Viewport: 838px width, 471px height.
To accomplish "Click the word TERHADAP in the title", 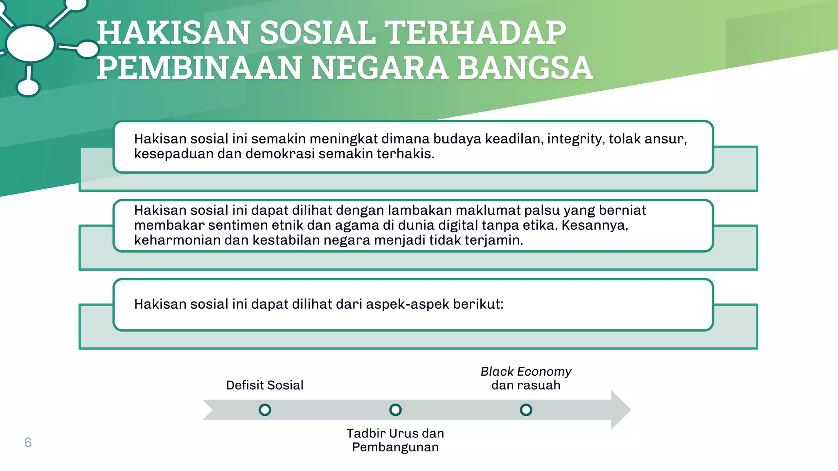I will click(476, 33).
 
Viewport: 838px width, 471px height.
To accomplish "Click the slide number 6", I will click(28, 442).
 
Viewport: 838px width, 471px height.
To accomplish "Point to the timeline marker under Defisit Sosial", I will click(265, 410).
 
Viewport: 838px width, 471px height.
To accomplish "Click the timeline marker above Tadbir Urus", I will click(395, 410).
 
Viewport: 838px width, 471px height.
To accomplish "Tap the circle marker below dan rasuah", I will click(526, 410).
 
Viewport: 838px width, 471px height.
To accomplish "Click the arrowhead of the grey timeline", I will click(620, 410).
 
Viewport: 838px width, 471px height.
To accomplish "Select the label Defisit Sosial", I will click(265, 385).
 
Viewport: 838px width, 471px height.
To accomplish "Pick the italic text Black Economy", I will click(526, 371).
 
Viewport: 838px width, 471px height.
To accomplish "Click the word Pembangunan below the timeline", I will click(395, 447).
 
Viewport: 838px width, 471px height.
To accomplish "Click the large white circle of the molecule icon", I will click(30, 43).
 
